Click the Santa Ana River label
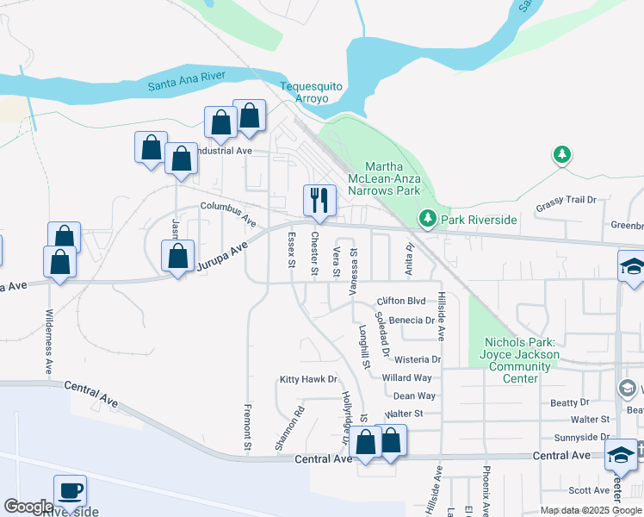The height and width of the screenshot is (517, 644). [186, 80]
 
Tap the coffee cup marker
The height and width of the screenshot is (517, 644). [71, 490]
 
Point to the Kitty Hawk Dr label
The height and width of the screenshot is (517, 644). [307, 379]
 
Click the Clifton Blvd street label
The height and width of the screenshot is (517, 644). [401, 302]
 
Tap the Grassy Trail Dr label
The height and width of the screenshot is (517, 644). [566, 200]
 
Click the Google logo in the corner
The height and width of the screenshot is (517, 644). [28, 507]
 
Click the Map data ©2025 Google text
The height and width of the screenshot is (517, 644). [591, 511]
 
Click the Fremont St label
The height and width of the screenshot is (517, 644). [247, 427]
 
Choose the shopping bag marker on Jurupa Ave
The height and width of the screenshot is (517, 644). [177, 257]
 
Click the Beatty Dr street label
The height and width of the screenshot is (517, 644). [570, 402]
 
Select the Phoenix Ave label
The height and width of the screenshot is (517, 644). [486, 490]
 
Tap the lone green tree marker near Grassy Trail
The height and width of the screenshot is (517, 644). [562, 154]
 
